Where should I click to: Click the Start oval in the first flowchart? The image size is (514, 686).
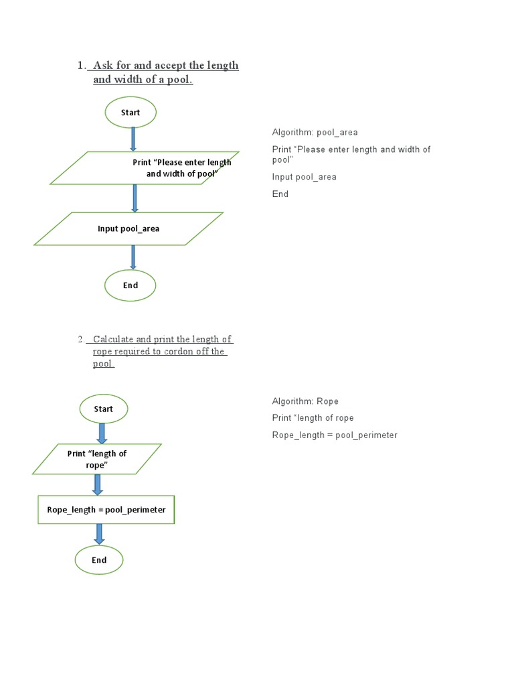coord(131,113)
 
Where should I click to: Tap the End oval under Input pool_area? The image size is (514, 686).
coord(131,285)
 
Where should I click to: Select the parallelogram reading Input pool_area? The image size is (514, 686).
coord(128,228)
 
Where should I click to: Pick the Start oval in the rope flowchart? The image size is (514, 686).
coord(104,409)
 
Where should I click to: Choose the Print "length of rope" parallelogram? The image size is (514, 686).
coord(97,459)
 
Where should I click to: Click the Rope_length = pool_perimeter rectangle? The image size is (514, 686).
coord(106,510)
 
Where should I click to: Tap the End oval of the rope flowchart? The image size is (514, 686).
coord(99,560)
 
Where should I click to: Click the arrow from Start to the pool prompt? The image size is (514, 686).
coord(133,139)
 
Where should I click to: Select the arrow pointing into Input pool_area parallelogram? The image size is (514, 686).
coord(135,198)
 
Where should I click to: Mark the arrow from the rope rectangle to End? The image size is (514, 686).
coord(99,534)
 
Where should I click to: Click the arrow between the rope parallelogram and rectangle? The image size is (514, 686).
coord(98,484)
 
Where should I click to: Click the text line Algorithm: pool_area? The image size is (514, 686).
coord(315,133)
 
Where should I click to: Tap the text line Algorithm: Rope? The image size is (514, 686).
coord(305,401)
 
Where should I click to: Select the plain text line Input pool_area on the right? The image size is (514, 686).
coord(304,177)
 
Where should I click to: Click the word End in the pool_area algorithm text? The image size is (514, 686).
coord(280,194)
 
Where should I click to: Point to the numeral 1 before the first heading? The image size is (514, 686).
coord(80,66)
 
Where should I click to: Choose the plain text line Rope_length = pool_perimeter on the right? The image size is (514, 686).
coord(335,435)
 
